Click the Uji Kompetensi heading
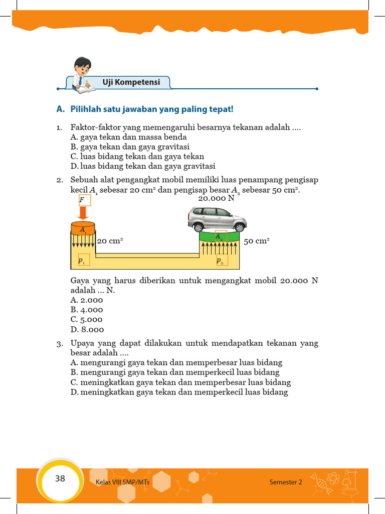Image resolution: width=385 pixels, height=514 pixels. point(131,82)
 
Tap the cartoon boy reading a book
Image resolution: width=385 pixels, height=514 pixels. point(83,75)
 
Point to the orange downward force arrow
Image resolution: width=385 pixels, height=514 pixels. point(83,213)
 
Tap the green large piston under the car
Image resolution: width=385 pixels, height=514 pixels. point(219,236)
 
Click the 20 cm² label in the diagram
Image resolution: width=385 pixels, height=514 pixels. point(110,241)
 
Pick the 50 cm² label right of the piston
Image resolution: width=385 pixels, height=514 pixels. point(256,241)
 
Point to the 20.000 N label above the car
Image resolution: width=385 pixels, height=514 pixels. point(217,198)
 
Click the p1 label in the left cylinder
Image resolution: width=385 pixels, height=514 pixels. point(82,261)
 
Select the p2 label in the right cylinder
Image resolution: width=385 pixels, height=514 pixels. point(221,260)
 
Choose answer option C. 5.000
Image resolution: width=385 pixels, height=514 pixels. point(87,319)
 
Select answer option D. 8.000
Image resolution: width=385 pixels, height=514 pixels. point(87,330)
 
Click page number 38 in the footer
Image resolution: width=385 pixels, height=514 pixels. point(60,478)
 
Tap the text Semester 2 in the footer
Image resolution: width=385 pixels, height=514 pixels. point(286,482)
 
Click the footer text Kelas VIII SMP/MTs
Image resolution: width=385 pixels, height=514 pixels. point(122,482)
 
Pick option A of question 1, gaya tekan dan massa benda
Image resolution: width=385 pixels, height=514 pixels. point(129,137)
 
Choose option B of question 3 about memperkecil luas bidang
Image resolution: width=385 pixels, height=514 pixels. point(175,372)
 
